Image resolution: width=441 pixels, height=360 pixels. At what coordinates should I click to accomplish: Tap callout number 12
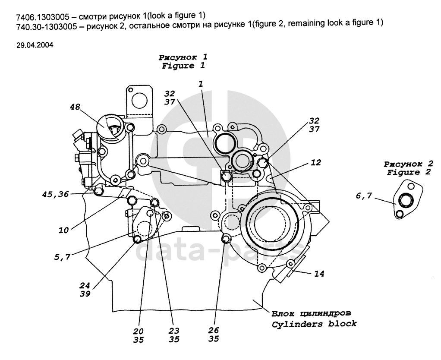pyautogui.click(x=315, y=163)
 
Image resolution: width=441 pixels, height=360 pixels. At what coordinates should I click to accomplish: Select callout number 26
pyautogui.click(x=213, y=331)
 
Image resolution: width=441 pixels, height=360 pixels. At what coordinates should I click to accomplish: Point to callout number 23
pyautogui.click(x=174, y=331)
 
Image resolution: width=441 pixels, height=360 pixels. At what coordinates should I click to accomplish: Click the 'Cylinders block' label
pyautogui.click(x=315, y=324)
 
